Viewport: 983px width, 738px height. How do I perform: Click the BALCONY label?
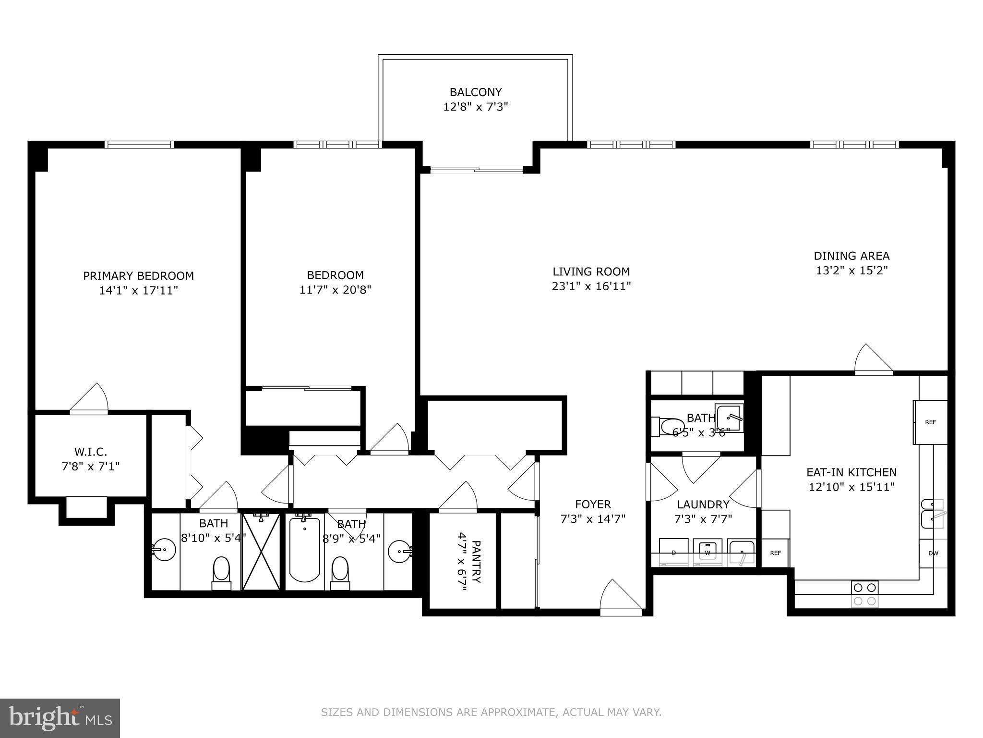click(475, 92)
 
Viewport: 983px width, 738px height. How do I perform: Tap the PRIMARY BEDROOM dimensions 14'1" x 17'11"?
click(138, 291)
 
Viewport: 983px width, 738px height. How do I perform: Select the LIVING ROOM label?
click(591, 271)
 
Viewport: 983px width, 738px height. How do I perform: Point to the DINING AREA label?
click(851, 256)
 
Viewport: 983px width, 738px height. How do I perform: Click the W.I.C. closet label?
click(90, 452)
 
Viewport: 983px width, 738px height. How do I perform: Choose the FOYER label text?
click(593, 504)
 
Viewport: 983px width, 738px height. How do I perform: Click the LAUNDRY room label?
click(703, 504)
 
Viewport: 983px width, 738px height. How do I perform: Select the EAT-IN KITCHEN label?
click(851, 472)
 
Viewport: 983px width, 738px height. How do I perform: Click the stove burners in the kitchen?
click(864, 594)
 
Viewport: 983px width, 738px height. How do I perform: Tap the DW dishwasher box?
click(933, 553)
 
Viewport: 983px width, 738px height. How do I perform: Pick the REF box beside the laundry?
click(775, 553)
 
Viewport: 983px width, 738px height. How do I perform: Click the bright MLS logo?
click(60, 718)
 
